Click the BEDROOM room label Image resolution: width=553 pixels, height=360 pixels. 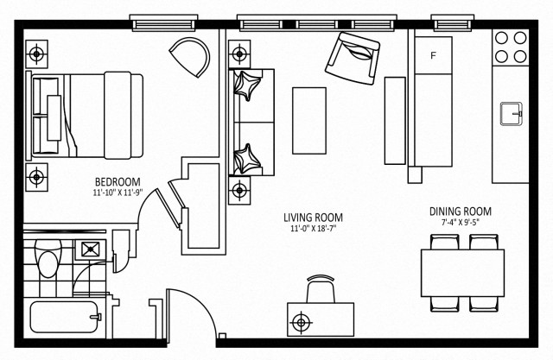tap(117, 181)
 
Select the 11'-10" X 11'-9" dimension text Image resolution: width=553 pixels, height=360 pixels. tap(117, 193)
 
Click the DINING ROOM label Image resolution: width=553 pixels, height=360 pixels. tap(461, 212)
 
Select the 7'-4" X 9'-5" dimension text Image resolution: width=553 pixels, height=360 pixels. tap(461, 223)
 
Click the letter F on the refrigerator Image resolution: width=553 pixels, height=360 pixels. tap(434, 57)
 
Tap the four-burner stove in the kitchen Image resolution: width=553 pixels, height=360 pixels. tap(511, 47)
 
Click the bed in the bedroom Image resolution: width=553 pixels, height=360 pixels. tap(86, 115)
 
